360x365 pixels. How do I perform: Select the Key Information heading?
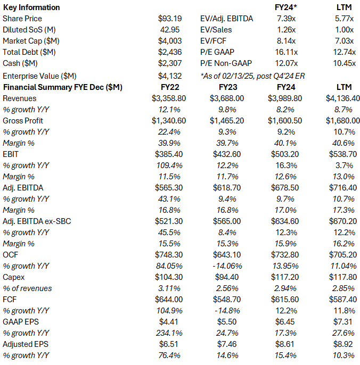[31, 7]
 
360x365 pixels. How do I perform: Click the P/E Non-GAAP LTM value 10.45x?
[344, 63]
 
